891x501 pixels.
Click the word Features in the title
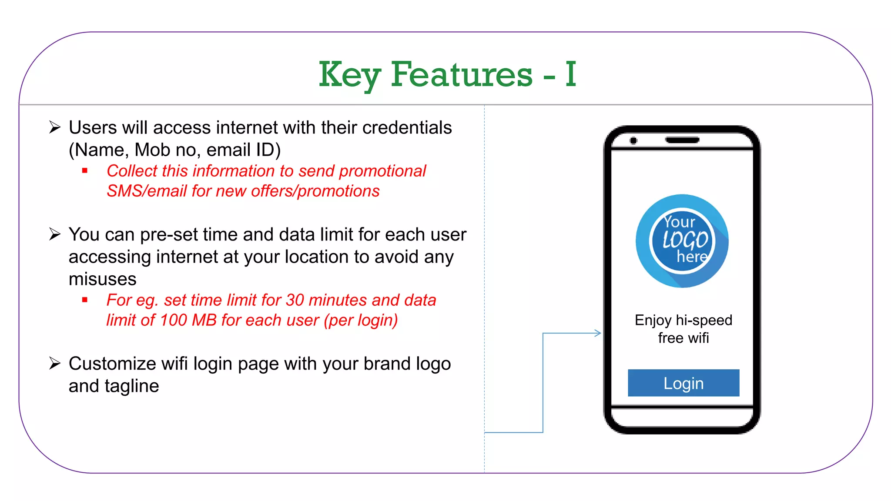point(462,74)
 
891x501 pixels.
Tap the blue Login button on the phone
point(683,383)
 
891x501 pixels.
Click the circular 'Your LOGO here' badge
point(682,240)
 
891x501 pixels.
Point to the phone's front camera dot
point(633,140)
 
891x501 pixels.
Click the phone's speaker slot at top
point(682,140)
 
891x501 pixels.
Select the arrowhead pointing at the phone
point(598,333)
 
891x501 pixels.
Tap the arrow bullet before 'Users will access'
point(55,127)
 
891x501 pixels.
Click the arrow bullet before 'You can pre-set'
point(55,234)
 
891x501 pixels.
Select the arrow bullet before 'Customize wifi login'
point(55,363)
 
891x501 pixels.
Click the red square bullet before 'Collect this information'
point(85,171)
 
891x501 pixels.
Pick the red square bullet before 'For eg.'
point(85,300)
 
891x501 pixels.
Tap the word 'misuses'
point(103,279)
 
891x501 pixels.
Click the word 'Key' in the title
point(349,74)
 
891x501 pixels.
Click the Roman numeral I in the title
point(571,74)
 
